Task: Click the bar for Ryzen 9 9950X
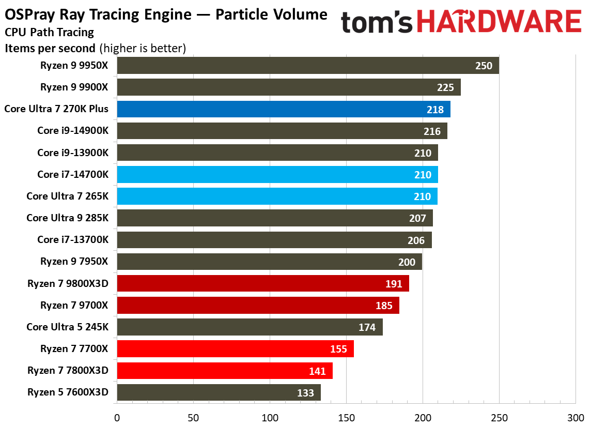[307, 66]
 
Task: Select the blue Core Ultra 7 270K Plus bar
[283, 109]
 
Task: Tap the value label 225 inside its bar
[445, 88]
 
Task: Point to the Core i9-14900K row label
[73, 131]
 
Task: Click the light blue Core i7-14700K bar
[277, 175]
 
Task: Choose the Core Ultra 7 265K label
[68, 196]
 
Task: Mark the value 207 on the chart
[417, 219]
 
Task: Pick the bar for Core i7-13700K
[274, 240]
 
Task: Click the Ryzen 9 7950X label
[74, 262]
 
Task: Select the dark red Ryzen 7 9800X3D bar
[262, 284]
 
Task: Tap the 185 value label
[384, 306]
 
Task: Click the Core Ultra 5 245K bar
[250, 327]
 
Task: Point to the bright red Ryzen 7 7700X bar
[235, 349]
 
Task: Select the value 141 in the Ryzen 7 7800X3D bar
[317, 371]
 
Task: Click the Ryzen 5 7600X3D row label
[68, 392]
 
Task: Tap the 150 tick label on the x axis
[346, 416]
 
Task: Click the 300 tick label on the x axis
[575, 416]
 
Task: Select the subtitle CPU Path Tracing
[50, 33]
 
